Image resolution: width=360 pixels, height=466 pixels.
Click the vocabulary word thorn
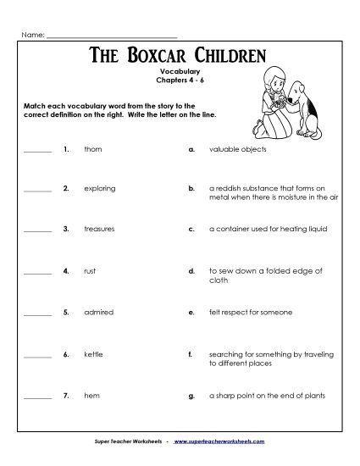click(93, 148)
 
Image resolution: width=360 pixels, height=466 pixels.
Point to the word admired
click(97, 312)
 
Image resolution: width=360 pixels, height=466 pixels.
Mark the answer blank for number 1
click(37, 150)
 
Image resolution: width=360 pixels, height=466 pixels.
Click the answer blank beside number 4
click(37, 273)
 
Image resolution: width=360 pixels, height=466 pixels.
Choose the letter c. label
click(192, 230)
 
